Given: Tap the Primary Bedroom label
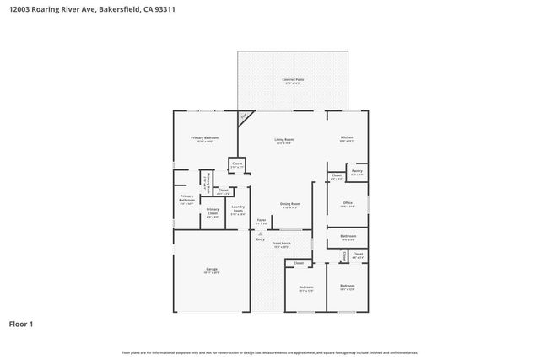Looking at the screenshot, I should (x=205, y=137).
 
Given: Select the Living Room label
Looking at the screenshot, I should (x=283, y=139).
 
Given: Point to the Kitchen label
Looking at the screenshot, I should (x=346, y=137).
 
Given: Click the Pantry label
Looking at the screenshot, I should (x=357, y=171).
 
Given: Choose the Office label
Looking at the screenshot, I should (x=347, y=202).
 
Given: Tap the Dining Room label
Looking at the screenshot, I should (x=290, y=203).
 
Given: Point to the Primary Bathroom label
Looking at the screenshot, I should (x=186, y=199).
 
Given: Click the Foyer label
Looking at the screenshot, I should (x=262, y=220).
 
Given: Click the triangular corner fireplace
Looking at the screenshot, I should (x=244, y=118).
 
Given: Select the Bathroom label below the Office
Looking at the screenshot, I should (x=348, y=236).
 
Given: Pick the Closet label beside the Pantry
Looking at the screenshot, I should (x=337, y=175).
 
